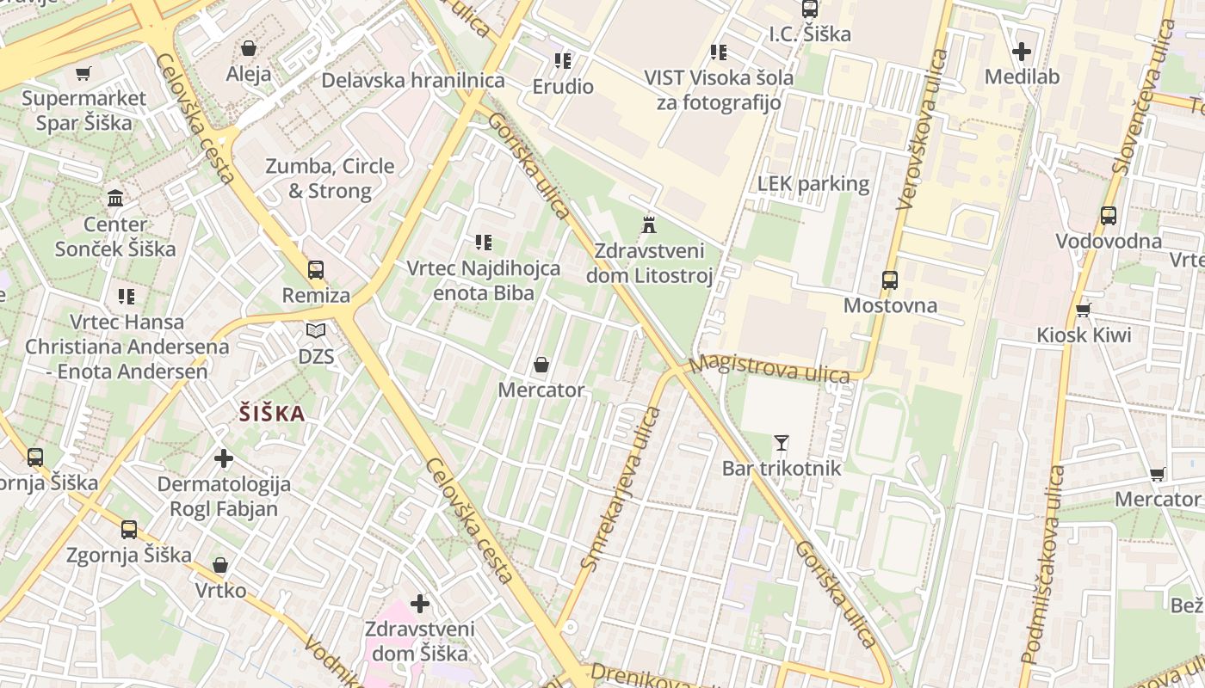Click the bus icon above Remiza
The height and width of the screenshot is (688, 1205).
pyautogui.click(x=316, y=270)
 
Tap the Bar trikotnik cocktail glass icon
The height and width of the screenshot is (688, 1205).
pyautogui.click(x=781, y=443)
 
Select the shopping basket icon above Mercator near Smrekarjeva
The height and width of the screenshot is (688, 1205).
pyautogui.click(x=541, y=365)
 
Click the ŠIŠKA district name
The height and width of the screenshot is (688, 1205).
pyautogui.click(x=272, y=414)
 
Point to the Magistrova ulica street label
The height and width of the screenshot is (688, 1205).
pyautogui.click(x=769, y=369)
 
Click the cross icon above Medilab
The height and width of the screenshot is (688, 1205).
pyautogui.click(x=1022, y=52)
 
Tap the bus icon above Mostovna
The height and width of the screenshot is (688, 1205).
pyautogui.click(x=889, y=280)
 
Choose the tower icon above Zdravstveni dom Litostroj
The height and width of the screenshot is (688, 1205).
pyautogui.click(x=649, y=225)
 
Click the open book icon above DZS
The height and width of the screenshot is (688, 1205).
pyautogui.click(x=316, y=330)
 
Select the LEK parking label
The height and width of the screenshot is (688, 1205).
pyautogui.click(x=813, y=184)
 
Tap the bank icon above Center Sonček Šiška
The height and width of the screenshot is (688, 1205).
pyautogui.click(x=115, y=199)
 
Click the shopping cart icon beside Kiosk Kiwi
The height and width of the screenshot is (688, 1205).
pyautogui.click(x=1083, y=310)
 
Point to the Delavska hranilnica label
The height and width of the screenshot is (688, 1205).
pyautogui.click(x=413, y=81)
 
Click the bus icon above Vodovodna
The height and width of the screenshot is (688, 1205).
pyautogui.click(x=1108, y=216)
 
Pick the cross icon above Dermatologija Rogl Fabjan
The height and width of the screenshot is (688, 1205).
pyautogui.click(x=224, y=458)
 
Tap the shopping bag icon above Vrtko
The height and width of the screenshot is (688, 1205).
pyautogui.click(x=220, y=565)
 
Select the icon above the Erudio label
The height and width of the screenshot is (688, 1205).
pyautogui.click(x=563, y=61)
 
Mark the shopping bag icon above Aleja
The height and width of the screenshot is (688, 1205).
pyautogui.click(x=249, y=48)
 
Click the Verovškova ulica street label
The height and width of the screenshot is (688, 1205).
pyautogui.click(x=921, y=130)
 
